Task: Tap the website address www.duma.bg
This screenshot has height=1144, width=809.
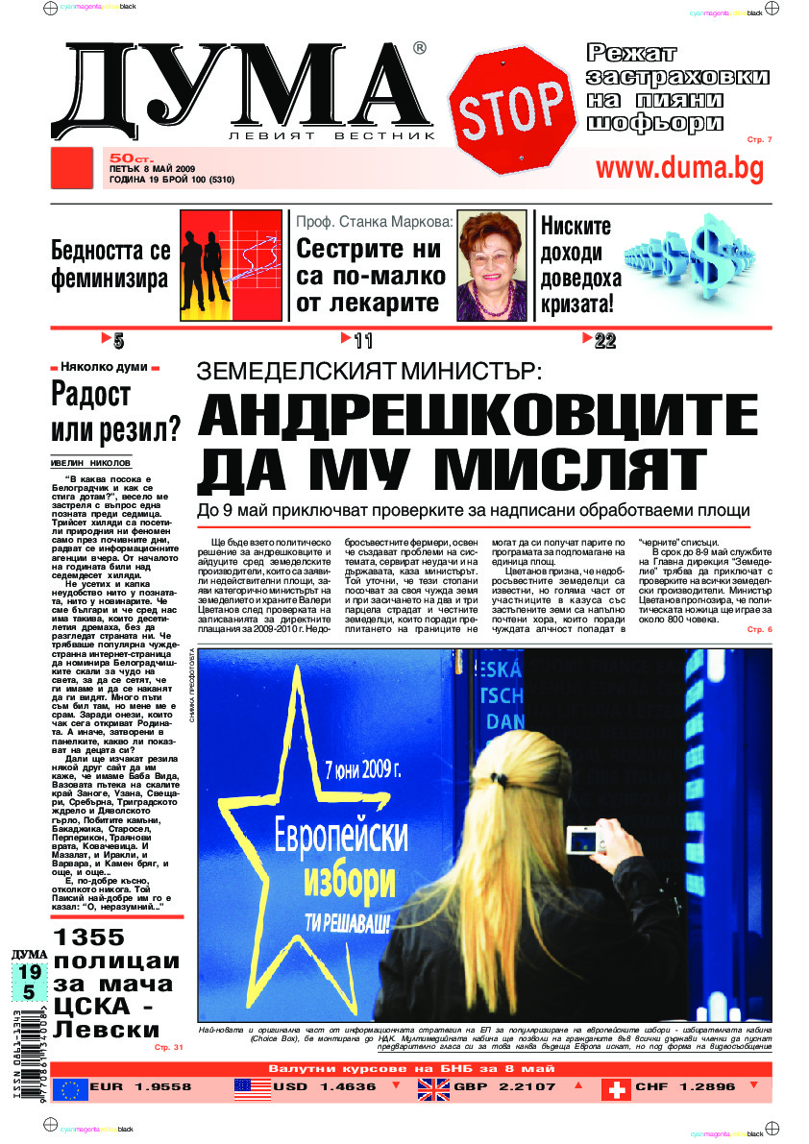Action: point(679,168)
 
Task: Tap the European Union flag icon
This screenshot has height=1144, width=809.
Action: point(70,1088)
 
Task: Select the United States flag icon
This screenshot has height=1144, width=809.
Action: point(252,1088)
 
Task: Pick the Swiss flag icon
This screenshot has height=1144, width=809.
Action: point(616,1088)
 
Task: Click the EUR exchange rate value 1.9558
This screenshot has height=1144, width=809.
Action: point(158,1087)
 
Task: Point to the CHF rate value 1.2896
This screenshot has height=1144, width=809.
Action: point(702,1087)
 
